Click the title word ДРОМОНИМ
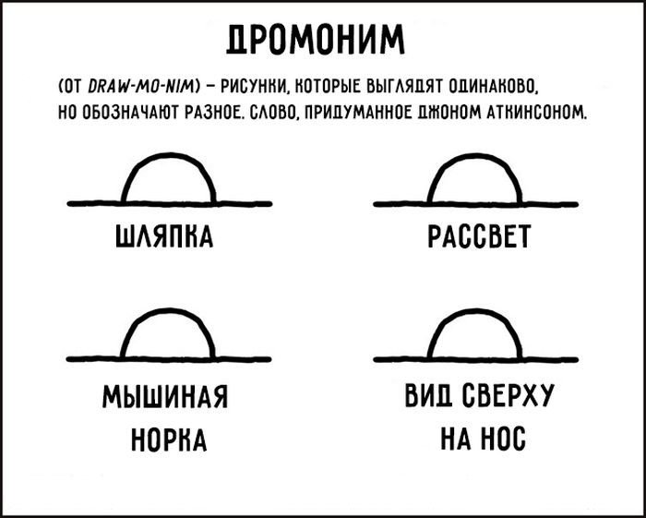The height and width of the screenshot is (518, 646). [316, 40]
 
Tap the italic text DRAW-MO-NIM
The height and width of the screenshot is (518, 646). [144, 88]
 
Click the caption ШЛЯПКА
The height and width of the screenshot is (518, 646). [164, 237]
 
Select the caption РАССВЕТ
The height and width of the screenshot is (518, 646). [479, 237]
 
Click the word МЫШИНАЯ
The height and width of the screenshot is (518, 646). [165, 396]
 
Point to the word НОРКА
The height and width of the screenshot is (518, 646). [169, 440]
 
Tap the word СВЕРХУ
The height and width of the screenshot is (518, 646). [508, 395]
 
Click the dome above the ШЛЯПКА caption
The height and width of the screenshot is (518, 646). [169, 154]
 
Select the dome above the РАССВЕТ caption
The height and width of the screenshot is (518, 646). [475, 155]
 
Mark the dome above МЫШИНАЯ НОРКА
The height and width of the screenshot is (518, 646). [169, 310]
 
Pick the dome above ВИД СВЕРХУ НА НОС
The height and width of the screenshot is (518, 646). [475, 310]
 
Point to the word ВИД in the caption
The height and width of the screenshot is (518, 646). [429, 395]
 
